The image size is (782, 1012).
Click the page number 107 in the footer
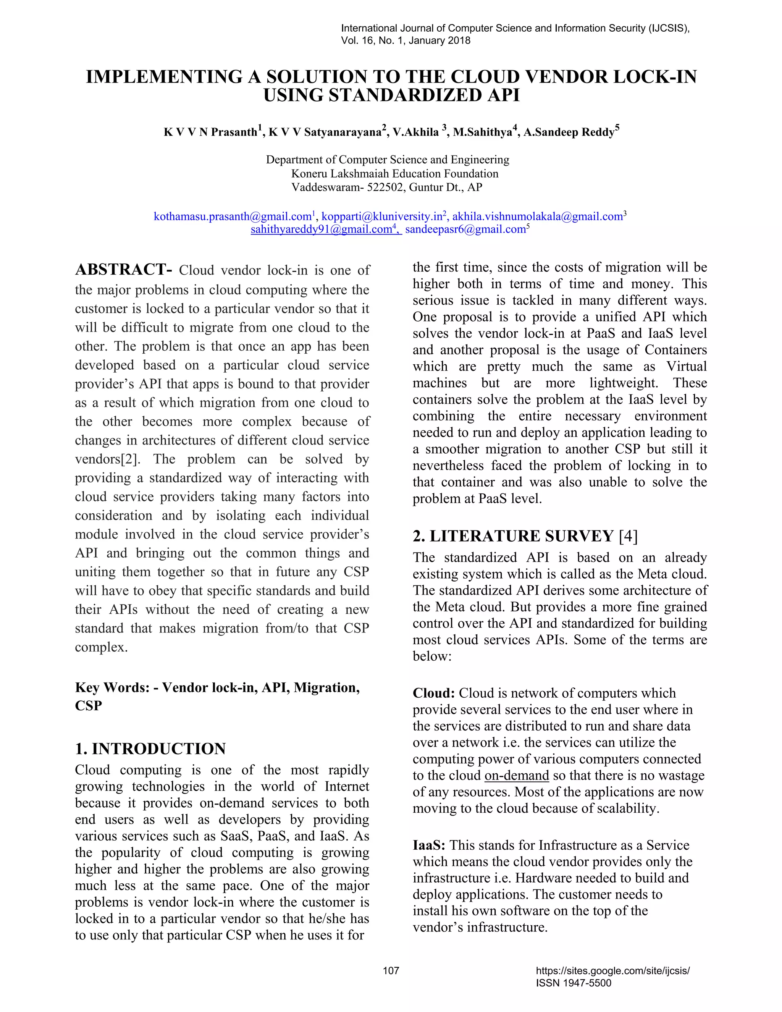click(391, 970)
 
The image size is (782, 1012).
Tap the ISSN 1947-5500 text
click(573, 983)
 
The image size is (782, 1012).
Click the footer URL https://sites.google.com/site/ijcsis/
click(612, 970)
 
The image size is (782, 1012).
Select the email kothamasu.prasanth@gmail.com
click(232, 217)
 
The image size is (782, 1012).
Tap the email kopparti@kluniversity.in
click(382, 217)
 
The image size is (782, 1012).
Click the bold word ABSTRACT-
click(123, 270)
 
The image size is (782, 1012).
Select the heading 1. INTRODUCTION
click(150, 748)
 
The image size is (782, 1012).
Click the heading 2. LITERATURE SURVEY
click(513, 536)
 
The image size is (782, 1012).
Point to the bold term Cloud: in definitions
click(434, 693)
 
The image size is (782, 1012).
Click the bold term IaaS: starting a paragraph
click(429, 845)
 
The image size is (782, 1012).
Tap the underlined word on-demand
click(517, 775)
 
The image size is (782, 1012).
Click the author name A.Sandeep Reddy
click(569, 132)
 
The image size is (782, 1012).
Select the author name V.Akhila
click(415, 132)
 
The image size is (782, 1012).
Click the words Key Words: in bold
click(112, 687)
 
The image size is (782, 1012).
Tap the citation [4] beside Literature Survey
click(628, 536)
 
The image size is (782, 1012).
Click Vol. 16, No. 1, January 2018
click(406, 40)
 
